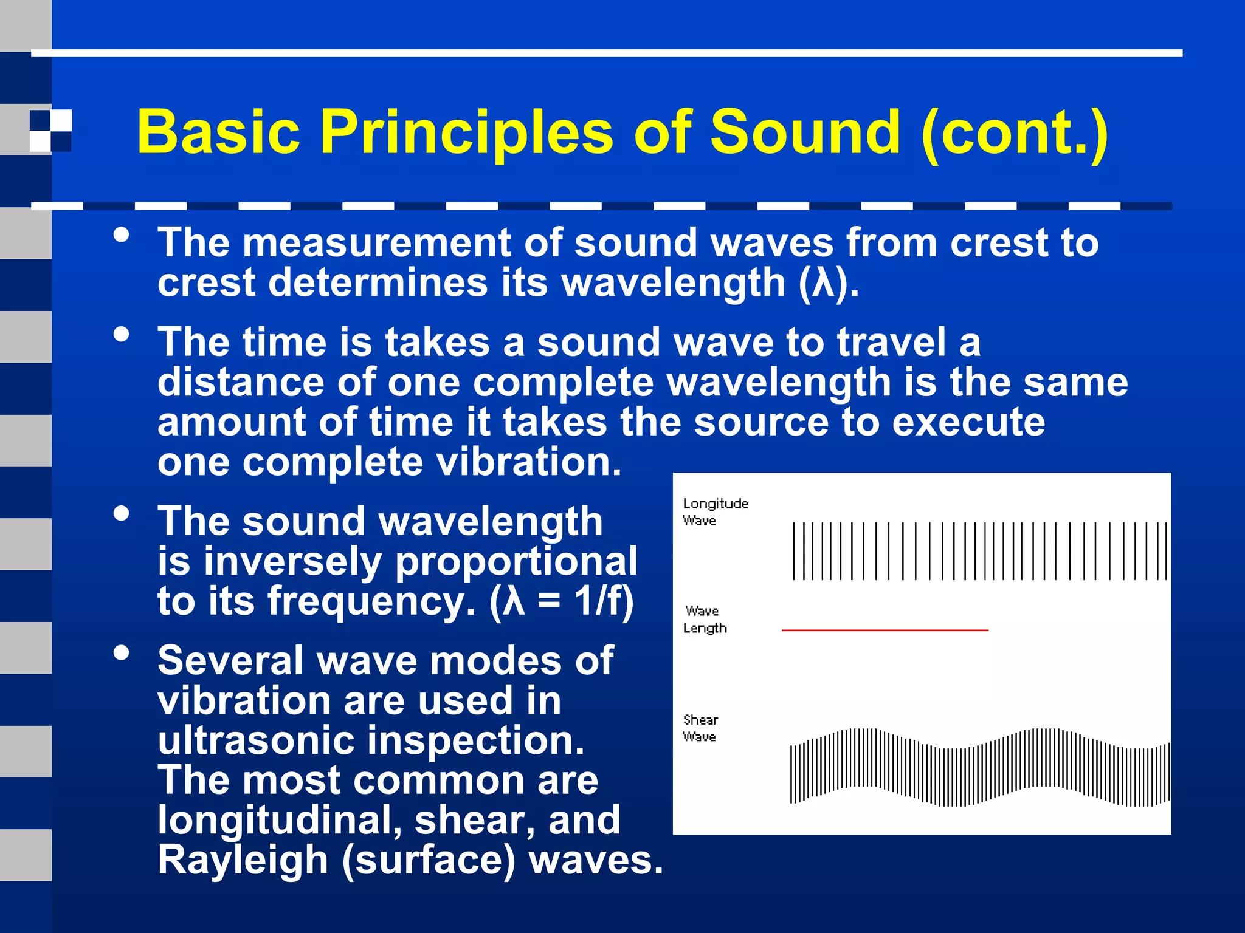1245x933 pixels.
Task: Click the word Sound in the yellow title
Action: tap(805, 132)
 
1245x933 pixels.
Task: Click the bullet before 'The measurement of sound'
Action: tap(122, 235)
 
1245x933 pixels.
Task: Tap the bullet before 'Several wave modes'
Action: tap(122, 653)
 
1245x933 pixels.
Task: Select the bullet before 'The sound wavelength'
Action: tap(122, 513)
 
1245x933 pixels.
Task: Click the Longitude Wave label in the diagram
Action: tap(714, 511)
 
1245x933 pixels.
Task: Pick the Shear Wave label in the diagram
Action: tap(700, 728)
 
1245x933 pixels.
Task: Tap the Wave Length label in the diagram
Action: tap(704, 619)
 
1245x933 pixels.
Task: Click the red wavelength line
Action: tap(885, 631)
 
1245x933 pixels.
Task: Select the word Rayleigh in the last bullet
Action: tap(243, 860)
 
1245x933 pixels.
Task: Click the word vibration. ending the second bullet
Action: tap(529, 462)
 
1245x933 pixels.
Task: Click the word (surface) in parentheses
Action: tap(429, 860)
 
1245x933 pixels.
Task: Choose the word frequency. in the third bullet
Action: tap(371, 601)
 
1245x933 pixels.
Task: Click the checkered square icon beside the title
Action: tap(50, 130)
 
